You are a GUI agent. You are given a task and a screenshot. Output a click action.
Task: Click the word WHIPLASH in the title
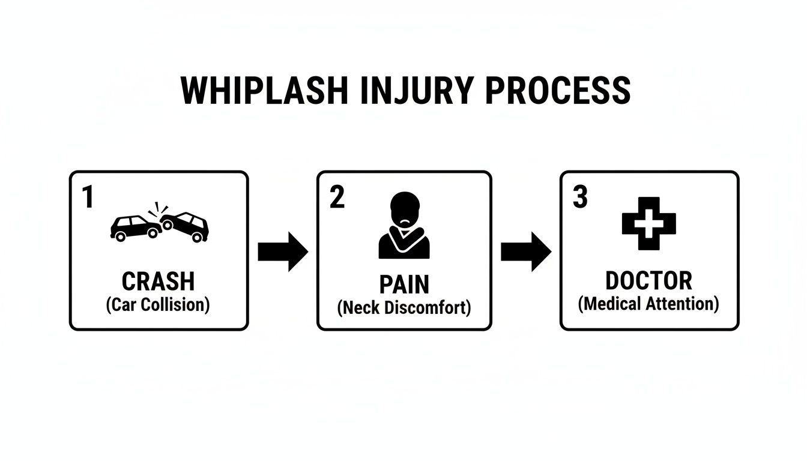point(264,91)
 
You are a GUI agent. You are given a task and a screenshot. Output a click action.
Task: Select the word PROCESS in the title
point(558,91)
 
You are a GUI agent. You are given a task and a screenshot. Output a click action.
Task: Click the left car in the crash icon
point(134,227)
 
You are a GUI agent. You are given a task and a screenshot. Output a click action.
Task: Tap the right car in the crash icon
point(187,226)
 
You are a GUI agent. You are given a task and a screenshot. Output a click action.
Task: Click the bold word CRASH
point(159,281)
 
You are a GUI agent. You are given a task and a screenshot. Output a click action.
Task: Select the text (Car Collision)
point(159,304)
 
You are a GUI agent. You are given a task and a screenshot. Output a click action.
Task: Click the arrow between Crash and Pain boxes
point(282,252)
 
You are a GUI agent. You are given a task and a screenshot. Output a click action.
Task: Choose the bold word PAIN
point(404,285)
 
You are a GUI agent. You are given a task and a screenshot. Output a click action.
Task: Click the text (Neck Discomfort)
point(404,308)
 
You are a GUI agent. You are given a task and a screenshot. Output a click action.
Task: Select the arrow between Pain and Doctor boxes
point(525,252)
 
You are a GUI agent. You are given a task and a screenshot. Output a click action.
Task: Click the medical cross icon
point(648,223)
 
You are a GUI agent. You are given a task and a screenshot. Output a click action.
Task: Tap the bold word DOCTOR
point(648,280)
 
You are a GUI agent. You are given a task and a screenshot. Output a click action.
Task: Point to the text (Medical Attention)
point(648,304)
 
